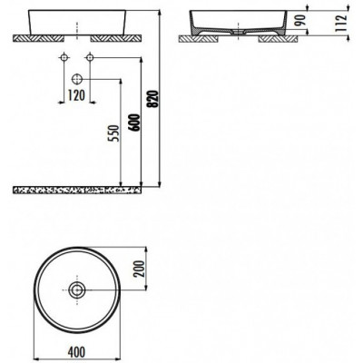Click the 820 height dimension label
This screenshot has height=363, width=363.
153,99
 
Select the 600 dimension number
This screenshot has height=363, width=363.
135,123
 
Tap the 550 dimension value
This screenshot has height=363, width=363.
115,133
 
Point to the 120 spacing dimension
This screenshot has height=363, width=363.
76,96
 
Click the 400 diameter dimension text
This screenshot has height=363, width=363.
76,352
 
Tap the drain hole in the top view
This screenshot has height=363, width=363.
77,289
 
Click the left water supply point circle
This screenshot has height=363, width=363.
64,57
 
